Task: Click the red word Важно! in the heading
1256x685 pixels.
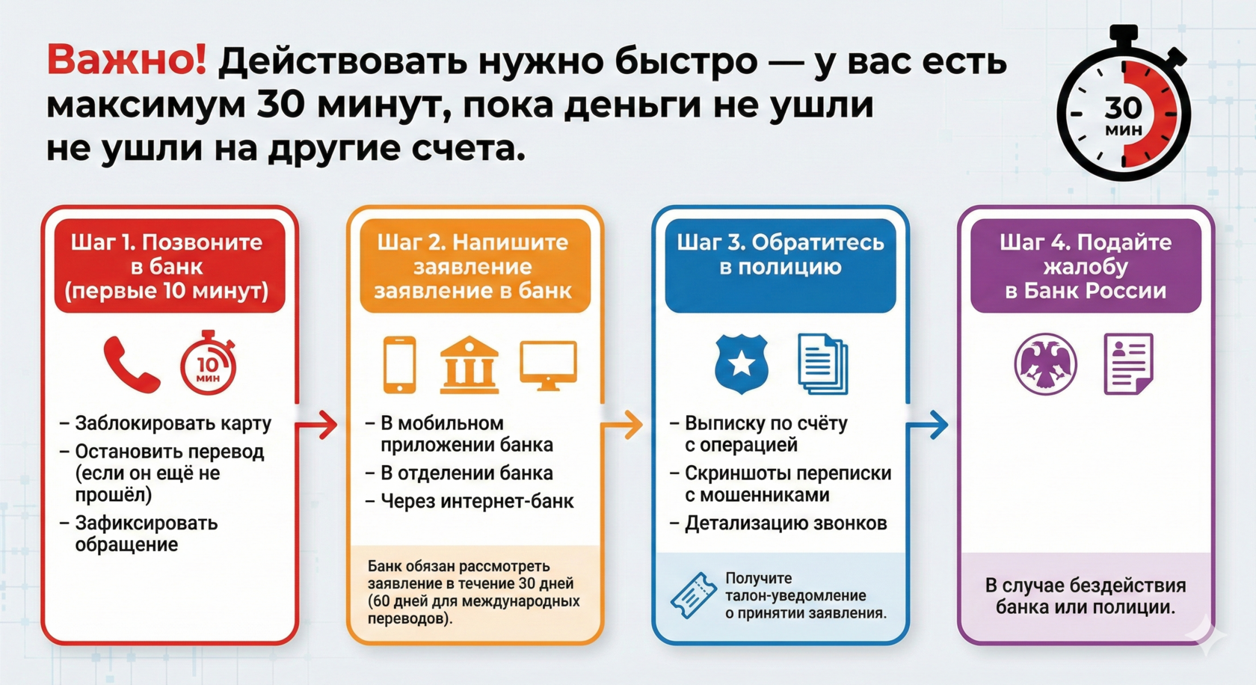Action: [126, 61]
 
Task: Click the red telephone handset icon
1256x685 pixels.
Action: [131, 364]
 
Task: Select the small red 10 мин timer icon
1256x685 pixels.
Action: [208, 364]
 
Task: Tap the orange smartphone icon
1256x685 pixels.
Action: [399, 364]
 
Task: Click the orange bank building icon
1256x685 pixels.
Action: [469, 364]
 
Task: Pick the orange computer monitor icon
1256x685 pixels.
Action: [548, 364]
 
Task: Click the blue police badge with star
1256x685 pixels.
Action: [741, 363]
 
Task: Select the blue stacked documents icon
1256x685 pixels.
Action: [822, 363]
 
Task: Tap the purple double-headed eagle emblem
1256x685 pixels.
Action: [1045, 364]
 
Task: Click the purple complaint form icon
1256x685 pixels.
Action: [1128, 364]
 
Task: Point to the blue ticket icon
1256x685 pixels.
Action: [693, 595]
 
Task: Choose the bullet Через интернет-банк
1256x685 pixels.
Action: [477, 501]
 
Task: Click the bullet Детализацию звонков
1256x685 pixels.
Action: [786, 523]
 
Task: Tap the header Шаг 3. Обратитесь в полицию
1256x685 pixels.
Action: [780, 254]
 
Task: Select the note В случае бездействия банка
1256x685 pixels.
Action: [1085, 596]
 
